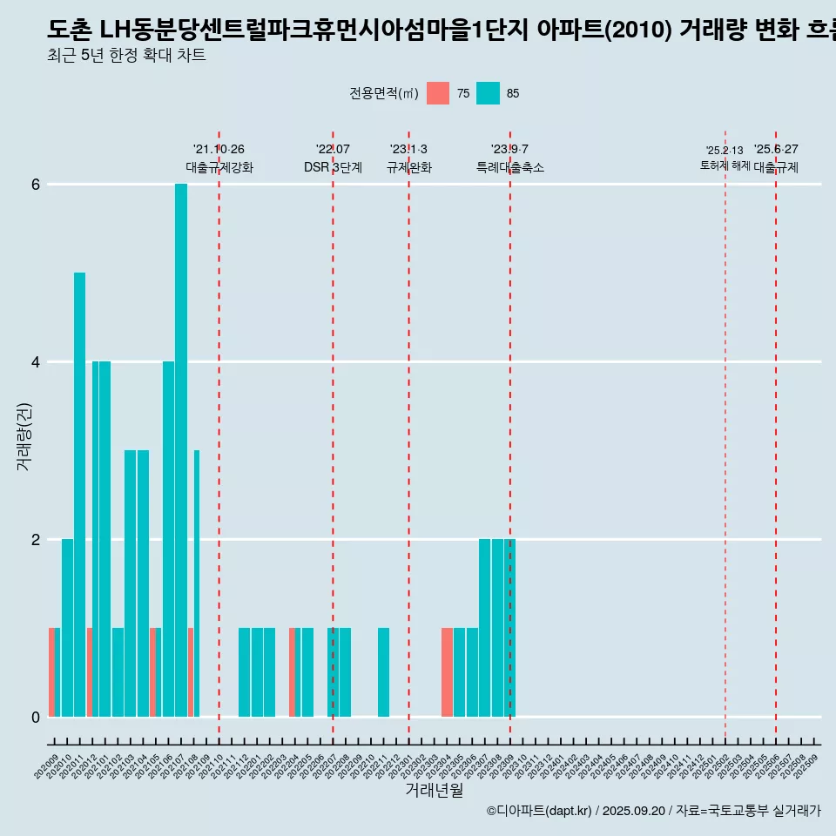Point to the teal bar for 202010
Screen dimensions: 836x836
(67, 628)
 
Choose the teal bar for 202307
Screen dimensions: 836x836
(484, 628)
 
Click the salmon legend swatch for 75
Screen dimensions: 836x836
(438, 93)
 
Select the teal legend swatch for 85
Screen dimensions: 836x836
(489, 93)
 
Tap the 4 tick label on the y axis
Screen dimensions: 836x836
(36, 362)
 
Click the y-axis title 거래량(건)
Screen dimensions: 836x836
(24, 436)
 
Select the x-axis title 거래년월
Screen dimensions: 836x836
(434, 790)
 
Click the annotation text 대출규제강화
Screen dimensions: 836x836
(219, 167)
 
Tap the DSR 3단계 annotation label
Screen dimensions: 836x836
(333, 167)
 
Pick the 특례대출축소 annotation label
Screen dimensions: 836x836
(510, 167)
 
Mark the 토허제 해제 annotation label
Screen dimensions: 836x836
(725, 165)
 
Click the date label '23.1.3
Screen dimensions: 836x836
(408, 149)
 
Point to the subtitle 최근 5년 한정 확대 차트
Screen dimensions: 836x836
(126, 56)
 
